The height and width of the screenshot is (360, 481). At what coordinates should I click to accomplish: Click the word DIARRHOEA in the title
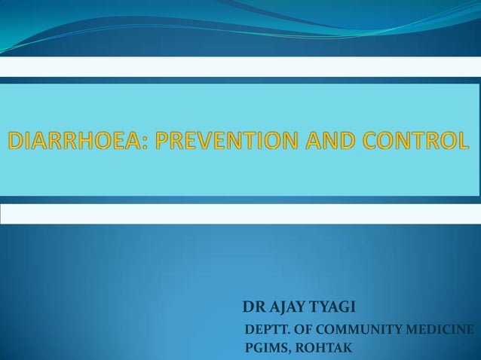click(72, 141)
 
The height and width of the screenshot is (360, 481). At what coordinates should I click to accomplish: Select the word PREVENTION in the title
click(219, 141)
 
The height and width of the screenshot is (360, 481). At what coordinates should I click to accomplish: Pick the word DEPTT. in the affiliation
click(266, 329)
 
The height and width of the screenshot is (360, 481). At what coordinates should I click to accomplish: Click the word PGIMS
click(265, 348)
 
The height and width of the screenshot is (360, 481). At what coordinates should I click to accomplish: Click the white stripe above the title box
click(240, 66)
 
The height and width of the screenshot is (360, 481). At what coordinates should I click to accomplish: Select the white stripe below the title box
click(240, 213)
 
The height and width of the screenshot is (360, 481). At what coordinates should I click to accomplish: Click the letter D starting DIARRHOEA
click(16, 141)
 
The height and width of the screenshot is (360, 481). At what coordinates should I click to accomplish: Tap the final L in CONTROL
click(461, 141)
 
